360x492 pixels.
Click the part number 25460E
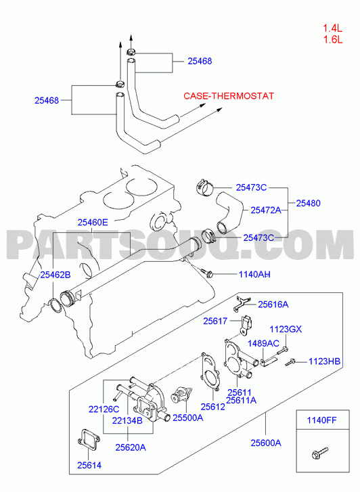point(93,223)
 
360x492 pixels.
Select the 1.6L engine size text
point(333,40)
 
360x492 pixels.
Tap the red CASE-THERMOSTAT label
point(229,95)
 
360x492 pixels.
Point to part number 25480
point(309,203)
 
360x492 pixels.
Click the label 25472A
point(266,210)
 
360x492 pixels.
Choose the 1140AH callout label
point(254,274)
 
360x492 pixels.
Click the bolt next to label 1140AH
point(207,273)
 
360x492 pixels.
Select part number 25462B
point(55,275)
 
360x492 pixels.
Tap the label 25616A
point(273,305)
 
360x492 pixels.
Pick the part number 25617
point(215,321)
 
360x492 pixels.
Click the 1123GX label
point(286,329)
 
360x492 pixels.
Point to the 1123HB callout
point(324,361)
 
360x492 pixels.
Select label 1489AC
point(263,343)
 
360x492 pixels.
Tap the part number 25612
point(212,406)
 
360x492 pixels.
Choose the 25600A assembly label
point(266,443)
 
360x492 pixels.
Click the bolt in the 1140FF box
point(320,453)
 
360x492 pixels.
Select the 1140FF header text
point(321,420)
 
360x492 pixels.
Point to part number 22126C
point(104,409)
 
